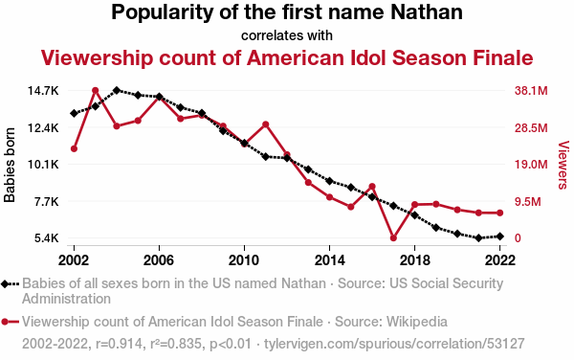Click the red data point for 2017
pos(393,238)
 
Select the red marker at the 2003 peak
pos(95,90)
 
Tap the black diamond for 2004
pos(117,90)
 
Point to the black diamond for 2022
pos(500,236)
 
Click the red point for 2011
pos(266,124)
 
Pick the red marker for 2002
pos(74,148)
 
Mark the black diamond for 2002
pos(74,114)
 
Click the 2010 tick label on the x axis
pos(244,260)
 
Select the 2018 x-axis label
pos(415,260)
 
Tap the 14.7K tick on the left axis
pos(43,90)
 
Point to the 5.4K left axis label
pos(47,238)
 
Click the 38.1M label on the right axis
pos(531,90)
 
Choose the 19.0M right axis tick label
pos(531,164)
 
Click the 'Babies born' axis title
pos(10,165)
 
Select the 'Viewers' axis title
pos(563,165)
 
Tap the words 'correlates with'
pos(287,35)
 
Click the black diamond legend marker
pos(5,283)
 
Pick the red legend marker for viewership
pos(5,322)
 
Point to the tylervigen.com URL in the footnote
pos(394,344)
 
